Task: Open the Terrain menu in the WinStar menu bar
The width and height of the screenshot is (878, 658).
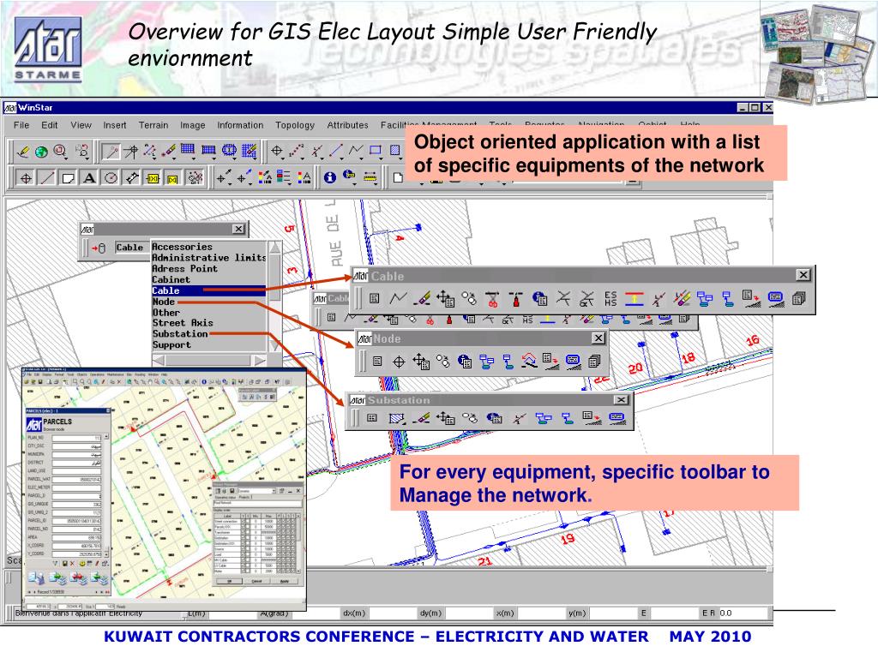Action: pyautogui.click(x=153, y=125)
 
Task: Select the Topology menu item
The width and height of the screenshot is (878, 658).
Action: pyautogui.click(x=294, y=125)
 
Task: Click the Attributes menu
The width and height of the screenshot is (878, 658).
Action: pyautogui.click(x=347, y=125)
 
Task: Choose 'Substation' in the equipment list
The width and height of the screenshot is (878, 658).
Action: pyautogui.click(x=180, y=333)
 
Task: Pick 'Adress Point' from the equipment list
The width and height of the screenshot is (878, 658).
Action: pyautogui.click(x=184, y=268)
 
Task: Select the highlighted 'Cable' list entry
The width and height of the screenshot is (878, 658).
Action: pyautogui.click(x=165, y=290)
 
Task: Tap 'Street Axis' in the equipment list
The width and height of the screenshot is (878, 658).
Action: pyautogui.click(x=183, y=323)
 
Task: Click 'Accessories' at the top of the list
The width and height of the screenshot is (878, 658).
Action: pyautogui.click(x=182, y=247)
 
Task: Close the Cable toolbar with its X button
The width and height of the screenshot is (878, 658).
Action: pyautogui.click(x=803, y=275)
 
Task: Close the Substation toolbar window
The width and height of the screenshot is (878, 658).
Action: pyautogui.click(x=620, y=400)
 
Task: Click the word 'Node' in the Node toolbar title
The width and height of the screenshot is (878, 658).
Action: pyautogui.click(x=387, y=339)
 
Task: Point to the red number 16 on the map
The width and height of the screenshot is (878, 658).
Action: pyautogui.click(x=753, y=340)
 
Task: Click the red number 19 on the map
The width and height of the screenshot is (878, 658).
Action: pyautogui.click(x=567, y=539)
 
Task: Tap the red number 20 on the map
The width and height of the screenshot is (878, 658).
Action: pyautogui.click(x=634, y=368)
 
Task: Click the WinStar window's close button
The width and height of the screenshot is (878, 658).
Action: pyautogui.click(x=767, y=108)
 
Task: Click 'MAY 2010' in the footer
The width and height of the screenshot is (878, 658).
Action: pyautogui.click(x=710, y=637)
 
